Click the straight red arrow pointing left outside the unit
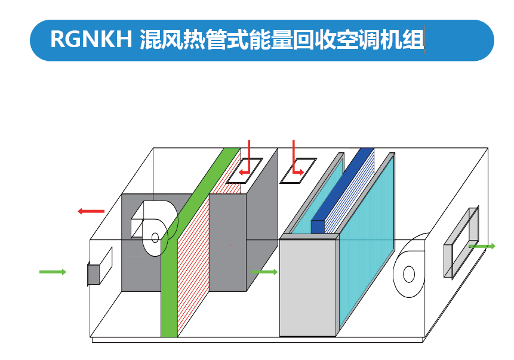pos(91,211)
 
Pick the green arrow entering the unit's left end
pos(53,272)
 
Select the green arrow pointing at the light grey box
pos(264,272)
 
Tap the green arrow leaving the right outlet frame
pos(482,246)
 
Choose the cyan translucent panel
pos(367,239)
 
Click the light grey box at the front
pos(309,287)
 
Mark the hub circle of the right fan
pos(409,274)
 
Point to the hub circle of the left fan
pos(155,238)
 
